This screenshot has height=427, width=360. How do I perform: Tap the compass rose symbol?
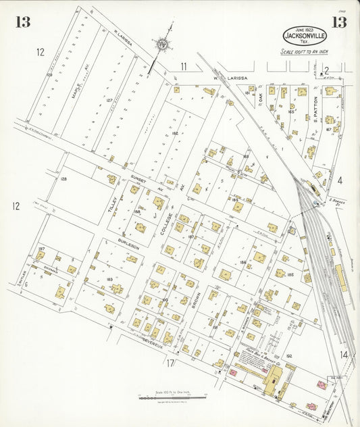click(163, 45)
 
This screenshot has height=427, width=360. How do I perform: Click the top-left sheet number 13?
click(22, 22)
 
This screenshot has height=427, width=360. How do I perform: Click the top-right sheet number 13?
click(338, 22)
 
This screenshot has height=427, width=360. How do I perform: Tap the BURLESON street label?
click(128, 245)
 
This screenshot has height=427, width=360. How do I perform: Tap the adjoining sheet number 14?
click(344, 355)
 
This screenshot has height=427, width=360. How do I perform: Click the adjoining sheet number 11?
click(184, 66)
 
